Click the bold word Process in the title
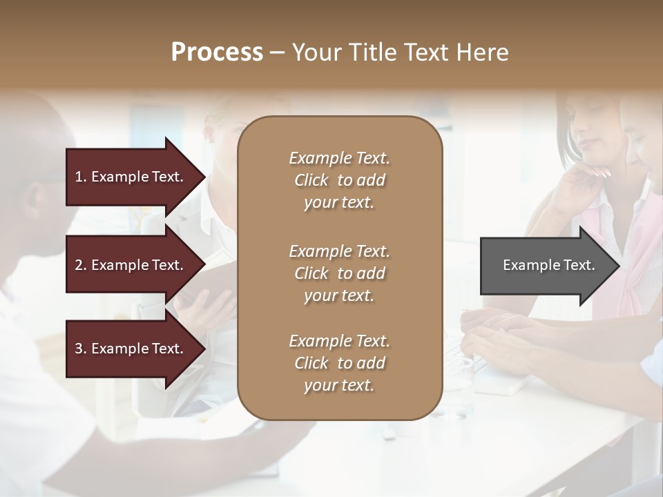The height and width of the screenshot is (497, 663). [x=217, y=52]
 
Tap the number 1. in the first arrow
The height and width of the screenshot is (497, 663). [x=81, y=177]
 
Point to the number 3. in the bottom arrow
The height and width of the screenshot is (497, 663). [x=81, y=349]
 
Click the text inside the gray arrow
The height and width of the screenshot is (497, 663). [x=548, y=265]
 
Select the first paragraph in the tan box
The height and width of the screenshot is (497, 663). [x=339, y=180]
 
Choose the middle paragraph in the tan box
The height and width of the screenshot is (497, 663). [x=339, y=273]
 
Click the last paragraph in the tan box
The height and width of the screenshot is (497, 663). [x=339, y=363]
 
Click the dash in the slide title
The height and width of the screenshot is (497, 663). [x=277, y=53]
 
